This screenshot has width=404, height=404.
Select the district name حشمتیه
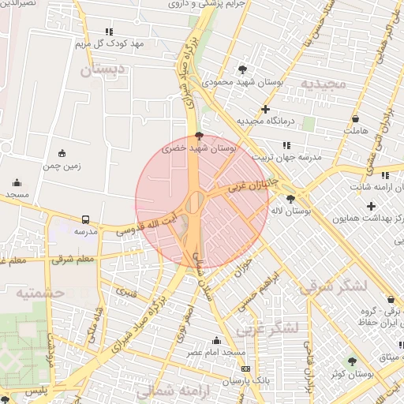click(38, 293)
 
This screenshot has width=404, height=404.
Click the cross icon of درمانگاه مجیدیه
click(265, 109)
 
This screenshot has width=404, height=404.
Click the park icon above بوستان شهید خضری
click(199, 136)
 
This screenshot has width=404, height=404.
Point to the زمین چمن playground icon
click(62, 153)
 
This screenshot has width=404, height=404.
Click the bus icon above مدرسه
click(85, 219)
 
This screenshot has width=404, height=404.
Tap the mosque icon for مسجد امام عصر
click(216, 340)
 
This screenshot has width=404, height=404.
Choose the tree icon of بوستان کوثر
click(352, 361)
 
